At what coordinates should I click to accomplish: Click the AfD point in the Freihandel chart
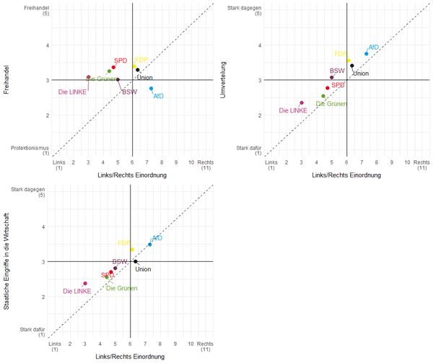151,89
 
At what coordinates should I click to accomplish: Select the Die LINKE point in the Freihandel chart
89,77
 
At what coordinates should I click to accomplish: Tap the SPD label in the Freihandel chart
121,61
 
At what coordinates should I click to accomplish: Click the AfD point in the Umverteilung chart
367,53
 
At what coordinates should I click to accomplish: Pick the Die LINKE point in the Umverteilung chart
302,103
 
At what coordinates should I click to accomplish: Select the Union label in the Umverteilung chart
361,74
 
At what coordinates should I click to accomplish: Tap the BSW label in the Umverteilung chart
337,71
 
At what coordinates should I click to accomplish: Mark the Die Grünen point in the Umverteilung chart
323,96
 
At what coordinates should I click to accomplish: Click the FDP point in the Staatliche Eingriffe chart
132,250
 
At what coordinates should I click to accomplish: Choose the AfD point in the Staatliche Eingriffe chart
149,245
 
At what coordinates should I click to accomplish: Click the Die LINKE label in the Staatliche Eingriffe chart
76,292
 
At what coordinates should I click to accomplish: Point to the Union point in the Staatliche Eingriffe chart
135,261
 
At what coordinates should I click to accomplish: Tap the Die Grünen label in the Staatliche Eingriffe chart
121,288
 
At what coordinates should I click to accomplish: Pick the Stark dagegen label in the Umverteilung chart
244,8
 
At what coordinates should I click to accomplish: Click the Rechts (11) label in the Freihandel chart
205,165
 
